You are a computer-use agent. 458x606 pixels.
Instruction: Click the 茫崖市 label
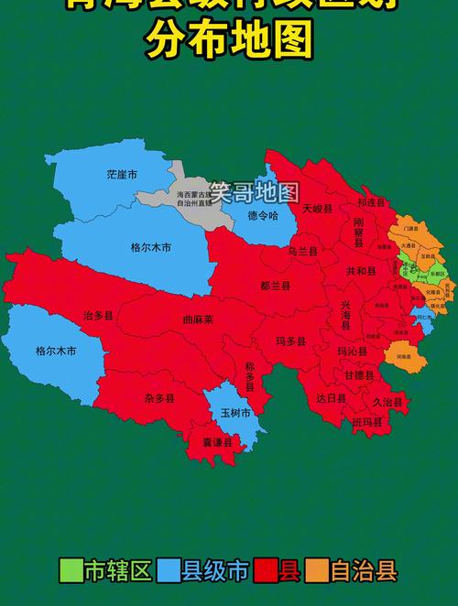click(121, 174)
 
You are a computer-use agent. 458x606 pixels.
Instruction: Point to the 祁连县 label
click(372, 203)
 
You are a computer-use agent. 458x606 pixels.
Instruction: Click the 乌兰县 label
click(303, 251)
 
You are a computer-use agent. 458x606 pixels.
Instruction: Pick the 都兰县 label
click(275, 286)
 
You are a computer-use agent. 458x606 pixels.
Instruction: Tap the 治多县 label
click(98, 315)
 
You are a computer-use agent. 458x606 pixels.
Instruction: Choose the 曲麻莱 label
click(197, 319)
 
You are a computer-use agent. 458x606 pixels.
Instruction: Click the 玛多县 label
click(291, 341)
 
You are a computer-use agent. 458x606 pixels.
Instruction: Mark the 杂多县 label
click(158, 398)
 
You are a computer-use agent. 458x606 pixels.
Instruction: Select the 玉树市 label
click(235, 413)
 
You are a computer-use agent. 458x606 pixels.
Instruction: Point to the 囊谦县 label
click(217, 442)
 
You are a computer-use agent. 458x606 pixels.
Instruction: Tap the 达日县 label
click(332, 398)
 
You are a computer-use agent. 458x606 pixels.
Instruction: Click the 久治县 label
click(387, 401)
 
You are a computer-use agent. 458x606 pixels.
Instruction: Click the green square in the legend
click(71, 571)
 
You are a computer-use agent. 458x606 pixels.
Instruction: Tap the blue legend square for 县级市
click(168, 571)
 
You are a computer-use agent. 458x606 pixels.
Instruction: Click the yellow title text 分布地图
click(228, 41)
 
